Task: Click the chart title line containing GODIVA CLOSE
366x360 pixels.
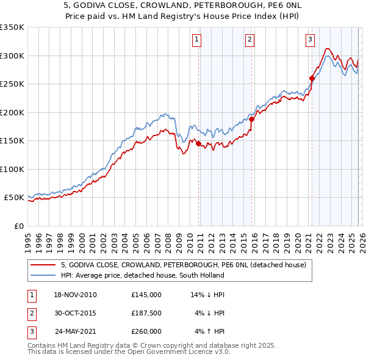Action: point(182,5)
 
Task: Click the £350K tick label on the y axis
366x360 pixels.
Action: point(12,27)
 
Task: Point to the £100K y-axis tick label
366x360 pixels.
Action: point(12,169)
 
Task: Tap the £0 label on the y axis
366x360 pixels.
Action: point(18,226)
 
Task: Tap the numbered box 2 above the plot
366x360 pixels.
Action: point(250,40)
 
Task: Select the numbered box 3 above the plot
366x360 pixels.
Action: point(310,40)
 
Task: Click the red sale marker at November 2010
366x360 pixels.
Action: point(198,144)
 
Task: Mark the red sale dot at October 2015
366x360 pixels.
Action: point(251,120)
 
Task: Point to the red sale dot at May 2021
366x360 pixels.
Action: point(311,78)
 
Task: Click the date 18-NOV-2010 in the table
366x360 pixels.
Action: point(75,295)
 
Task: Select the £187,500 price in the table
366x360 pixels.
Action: point(146,313)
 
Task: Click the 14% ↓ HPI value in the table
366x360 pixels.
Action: point(208,295)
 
